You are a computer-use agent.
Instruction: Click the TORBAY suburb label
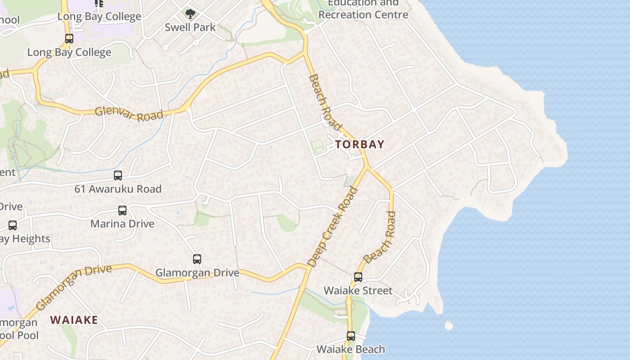360,144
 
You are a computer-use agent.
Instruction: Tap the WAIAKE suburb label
74,320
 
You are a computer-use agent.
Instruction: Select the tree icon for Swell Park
190,13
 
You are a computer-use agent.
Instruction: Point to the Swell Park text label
190,27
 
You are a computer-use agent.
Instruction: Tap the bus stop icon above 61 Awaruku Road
118,175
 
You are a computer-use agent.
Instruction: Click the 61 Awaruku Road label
118,189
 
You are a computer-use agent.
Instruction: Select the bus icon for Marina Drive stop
122,210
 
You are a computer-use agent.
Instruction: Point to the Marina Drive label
122,224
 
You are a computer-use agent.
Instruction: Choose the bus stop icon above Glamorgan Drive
197,259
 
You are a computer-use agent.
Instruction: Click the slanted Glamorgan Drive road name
73,288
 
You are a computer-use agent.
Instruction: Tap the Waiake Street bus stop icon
358,277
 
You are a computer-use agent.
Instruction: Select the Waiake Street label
358,291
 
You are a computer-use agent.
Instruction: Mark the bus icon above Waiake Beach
351,336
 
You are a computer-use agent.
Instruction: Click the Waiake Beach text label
351,349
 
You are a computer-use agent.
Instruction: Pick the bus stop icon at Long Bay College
69,39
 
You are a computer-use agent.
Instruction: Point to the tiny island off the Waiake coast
449,325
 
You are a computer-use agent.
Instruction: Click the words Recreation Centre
363,14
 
